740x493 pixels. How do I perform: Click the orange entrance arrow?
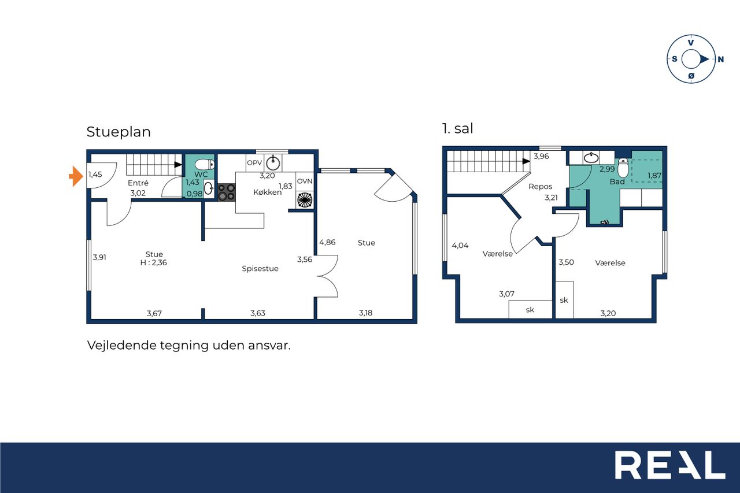76,176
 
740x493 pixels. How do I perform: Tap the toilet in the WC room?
205,164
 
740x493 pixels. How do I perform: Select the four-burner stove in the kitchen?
226,192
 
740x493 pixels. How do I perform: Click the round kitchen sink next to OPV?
273,162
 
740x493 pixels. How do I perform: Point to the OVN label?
305,181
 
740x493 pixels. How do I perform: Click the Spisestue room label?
260,269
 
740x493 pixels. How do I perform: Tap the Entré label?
138,183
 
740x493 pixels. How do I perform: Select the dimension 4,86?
327,242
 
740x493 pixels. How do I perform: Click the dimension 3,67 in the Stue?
154,313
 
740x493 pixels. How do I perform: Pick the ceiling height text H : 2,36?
154,263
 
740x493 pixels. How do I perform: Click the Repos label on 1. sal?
541,187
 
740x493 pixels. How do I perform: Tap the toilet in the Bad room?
623,168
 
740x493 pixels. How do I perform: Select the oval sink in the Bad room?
591,158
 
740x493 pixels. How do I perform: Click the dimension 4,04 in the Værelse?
460,246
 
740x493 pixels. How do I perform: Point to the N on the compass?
721,60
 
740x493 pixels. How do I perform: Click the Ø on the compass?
691,76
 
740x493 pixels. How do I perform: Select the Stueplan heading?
119,132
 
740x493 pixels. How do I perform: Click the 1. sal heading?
457,128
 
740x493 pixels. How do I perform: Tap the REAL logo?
670,465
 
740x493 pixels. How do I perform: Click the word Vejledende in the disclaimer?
122,346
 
